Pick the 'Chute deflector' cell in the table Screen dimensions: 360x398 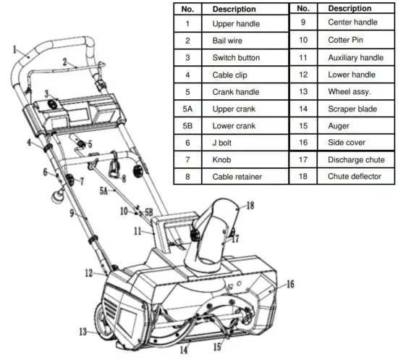pos(354,176)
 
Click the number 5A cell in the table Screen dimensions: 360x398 pos(187,108)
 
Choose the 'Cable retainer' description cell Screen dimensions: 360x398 pos(237,176)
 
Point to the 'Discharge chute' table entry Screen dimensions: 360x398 pos(354,159)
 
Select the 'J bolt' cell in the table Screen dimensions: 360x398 pos(223,142)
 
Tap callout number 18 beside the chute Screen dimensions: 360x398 pos(250,206)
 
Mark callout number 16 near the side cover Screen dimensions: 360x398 pos(290,285)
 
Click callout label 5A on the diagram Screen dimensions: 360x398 pos(106,191)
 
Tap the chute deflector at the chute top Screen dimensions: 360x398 pos(221,214)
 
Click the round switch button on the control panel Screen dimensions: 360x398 pos(53,106)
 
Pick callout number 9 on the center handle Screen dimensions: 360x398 pos(72,213)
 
